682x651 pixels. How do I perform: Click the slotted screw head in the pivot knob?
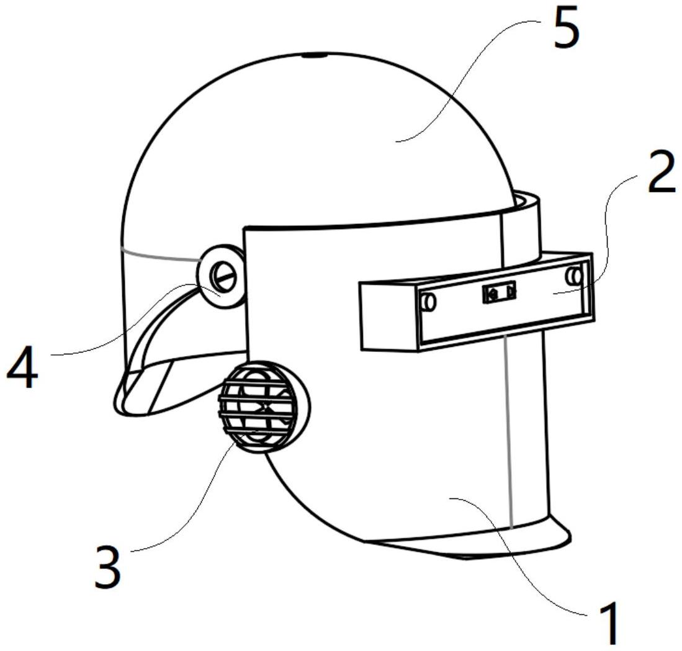point(223,276)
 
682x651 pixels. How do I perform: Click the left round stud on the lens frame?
point(428,302)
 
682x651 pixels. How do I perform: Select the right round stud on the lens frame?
point(575,276)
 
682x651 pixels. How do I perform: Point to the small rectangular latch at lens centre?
point(500,292)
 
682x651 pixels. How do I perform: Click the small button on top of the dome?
point(315,55)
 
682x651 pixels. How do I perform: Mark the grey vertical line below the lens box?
point(509,431)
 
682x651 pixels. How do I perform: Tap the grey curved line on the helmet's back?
point(160,255)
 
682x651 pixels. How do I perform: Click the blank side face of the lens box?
point(388,316)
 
